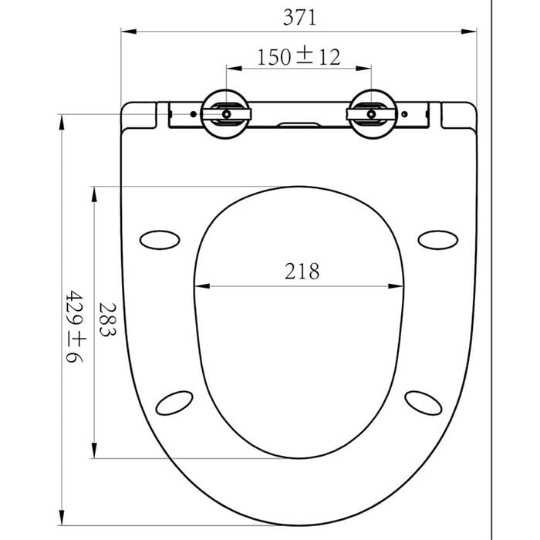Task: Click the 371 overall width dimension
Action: point(299,18)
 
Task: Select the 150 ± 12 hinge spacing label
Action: point(299,57)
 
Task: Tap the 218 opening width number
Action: point(302,271)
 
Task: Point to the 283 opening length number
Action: point(108,319)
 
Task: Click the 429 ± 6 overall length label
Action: point(75,326)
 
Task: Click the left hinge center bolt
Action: point(226,114)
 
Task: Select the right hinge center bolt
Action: point(371,114)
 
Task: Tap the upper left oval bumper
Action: point(160,240)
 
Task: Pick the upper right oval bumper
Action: point(437,240)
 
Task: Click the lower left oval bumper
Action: point(174,403)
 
